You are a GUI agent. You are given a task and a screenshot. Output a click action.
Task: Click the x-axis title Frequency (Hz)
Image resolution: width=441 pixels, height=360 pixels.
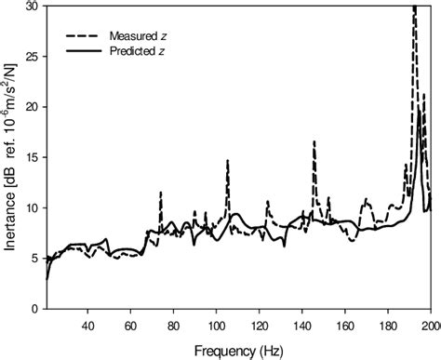[x=239, y=351]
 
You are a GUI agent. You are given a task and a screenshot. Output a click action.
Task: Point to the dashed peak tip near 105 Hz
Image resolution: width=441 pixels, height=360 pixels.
[x=227, y=161]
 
